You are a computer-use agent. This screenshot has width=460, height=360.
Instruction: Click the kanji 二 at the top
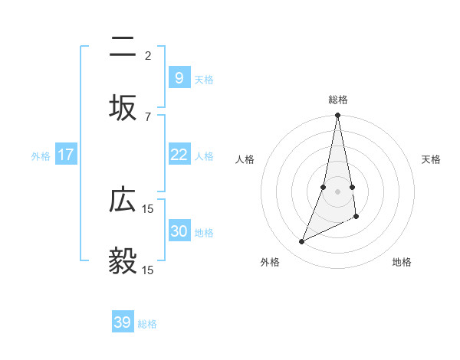point(123,48)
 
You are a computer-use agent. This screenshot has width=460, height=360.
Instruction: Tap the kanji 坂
point(123,108)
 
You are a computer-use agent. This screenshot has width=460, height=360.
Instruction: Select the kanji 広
point(123,201)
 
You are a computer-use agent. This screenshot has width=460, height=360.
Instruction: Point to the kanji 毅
point(123,261)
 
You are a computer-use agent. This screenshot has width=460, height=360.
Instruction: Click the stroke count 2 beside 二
point(148,55)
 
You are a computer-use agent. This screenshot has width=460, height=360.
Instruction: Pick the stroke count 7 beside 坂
point(148,116)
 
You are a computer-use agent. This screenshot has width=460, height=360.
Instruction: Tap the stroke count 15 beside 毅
point(148,270)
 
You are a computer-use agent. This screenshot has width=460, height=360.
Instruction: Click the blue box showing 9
point(179,77)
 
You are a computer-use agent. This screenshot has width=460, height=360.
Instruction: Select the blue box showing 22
point(179,155)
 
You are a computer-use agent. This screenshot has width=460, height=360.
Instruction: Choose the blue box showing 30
point(179,231)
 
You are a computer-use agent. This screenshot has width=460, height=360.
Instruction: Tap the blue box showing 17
point(66,155)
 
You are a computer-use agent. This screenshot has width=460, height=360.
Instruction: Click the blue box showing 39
point(123,322)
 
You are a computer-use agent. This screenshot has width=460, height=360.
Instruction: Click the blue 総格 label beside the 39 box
point(147,324)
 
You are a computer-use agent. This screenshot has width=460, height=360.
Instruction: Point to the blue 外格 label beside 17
point(41,156)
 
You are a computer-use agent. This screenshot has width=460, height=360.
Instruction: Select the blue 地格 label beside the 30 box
point(204,233)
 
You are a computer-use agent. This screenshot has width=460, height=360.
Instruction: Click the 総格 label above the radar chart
point(338,100)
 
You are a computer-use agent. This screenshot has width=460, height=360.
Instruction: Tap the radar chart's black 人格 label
point(245,159)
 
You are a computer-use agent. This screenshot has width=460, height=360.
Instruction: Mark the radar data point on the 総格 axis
point(337,116)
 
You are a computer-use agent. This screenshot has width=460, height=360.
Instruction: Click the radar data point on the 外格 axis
point(301,242)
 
